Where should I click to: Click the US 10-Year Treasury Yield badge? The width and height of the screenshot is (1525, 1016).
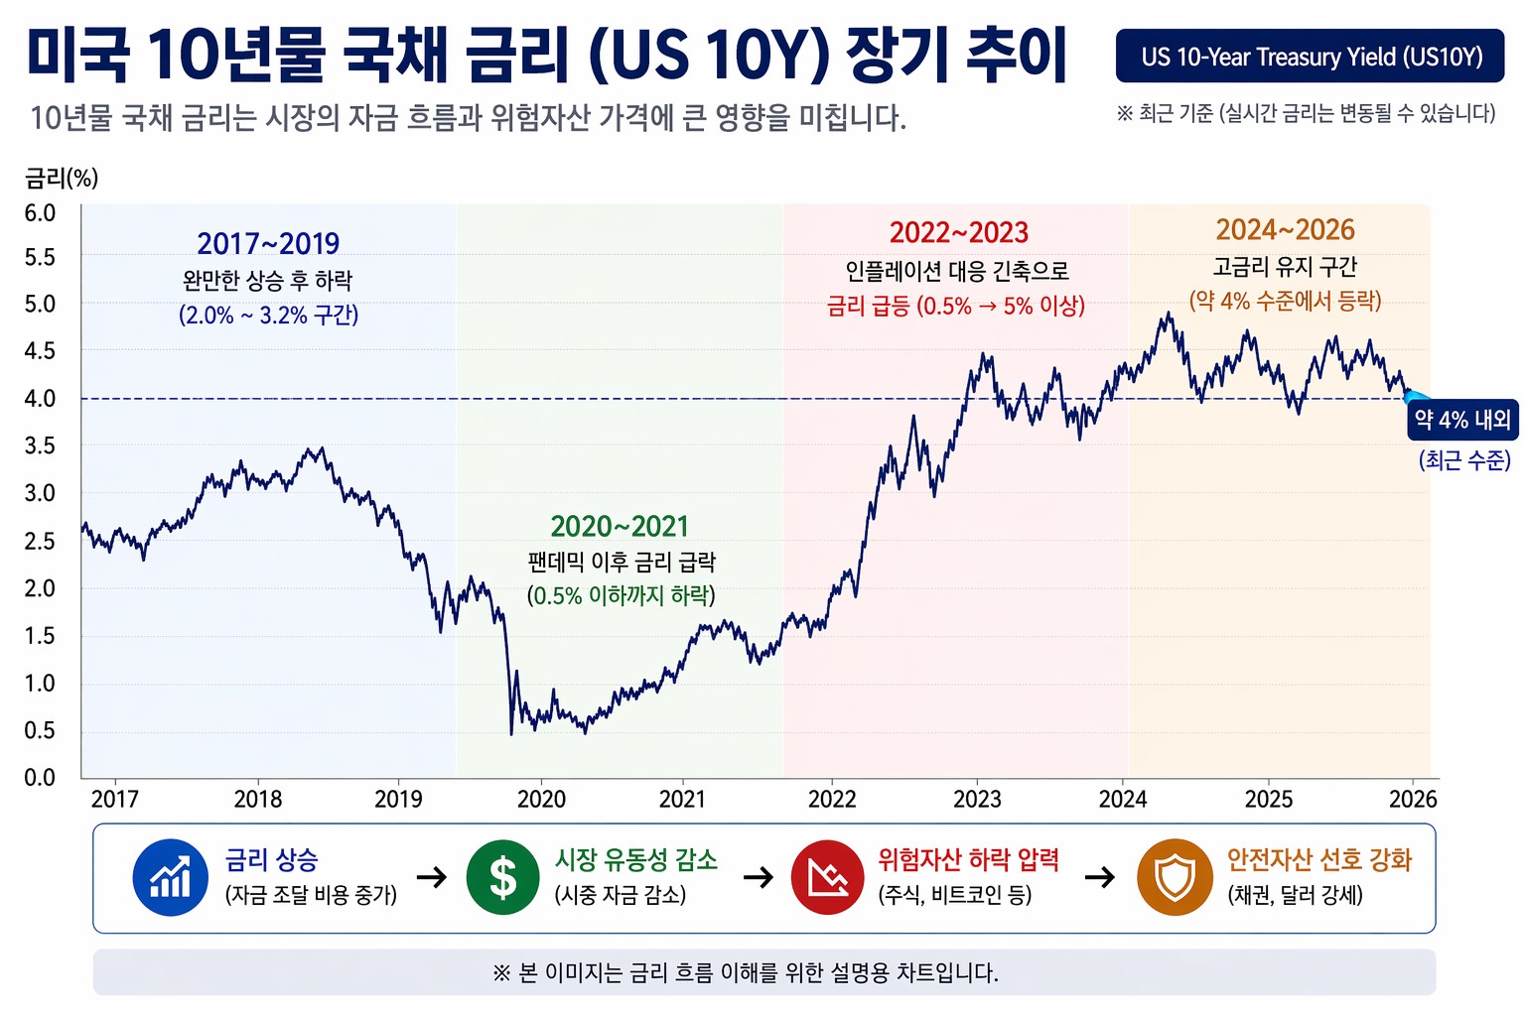tap(1311, 57)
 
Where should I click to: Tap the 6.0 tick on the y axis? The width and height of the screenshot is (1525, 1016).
tap(40, 213)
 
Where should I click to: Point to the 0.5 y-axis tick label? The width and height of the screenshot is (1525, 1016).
tap(40, 731)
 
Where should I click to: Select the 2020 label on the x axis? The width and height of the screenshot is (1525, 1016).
tap(541, 800)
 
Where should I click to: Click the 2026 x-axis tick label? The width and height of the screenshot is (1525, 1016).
tap(1413, 800)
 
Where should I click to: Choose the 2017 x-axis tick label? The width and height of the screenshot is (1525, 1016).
tap(115, 800)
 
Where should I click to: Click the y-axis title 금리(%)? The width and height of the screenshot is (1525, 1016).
tap(62, 179)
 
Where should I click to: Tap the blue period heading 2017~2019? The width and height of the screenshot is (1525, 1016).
tap(268, 244)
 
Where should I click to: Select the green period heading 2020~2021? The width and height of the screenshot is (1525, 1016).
tap(620, 527)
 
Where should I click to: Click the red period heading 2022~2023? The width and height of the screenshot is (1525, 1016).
tap(958, 233)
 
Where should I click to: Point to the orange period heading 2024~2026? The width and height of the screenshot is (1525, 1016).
tap(1285, 230)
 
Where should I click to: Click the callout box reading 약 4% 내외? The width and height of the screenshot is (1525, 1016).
tap(1462, 421)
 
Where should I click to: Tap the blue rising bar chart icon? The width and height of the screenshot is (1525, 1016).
tap(170, 878)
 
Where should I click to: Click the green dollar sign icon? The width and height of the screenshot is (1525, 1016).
tap(503, 878)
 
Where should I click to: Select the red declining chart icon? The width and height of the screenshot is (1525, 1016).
tap(827, 878)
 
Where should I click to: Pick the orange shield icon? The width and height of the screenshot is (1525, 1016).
tap(1175, 878)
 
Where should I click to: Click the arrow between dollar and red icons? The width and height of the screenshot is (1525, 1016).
tap(759, 878)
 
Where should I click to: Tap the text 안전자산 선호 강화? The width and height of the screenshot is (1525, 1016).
tap(1318, 860)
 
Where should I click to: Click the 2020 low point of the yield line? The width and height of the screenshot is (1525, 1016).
tap(511, 733)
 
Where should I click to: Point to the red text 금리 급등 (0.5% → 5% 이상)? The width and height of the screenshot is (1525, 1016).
tap(955, 307)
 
